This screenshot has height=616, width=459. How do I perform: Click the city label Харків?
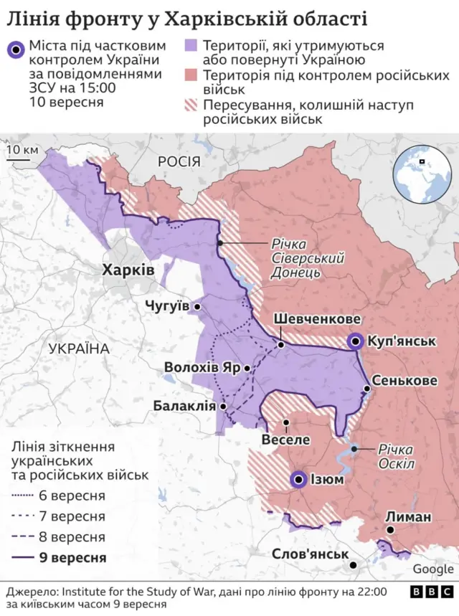coord(128,270)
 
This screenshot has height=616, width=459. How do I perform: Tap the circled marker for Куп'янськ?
coord(354,341)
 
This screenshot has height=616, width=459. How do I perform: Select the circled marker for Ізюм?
coord(298,479)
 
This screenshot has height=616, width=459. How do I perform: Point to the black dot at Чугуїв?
coord(197,306)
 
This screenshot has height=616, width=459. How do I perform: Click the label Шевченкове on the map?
coord(316,319)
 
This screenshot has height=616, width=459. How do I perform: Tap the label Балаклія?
coord(184,406)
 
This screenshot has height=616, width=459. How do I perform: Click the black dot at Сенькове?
coord(366,389)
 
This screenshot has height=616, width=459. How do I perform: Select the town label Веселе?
coord(286,439)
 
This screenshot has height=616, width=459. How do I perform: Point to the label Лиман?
coord(408,517)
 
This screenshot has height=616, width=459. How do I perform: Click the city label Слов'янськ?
coord(310,554)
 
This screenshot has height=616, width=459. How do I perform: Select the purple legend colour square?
coord(191,46)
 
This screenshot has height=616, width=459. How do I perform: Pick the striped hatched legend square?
coord(191,106)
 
